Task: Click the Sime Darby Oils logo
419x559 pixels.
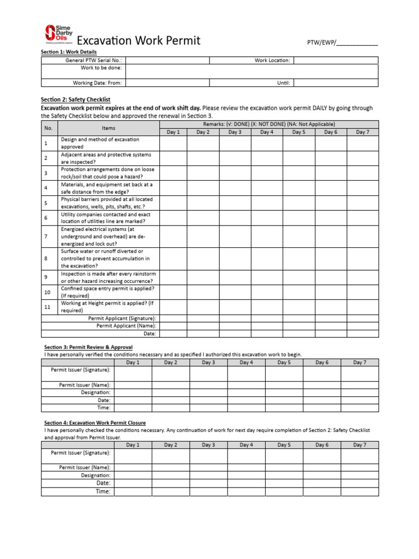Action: click(57, 33)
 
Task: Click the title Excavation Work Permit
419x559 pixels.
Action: click(139, 40)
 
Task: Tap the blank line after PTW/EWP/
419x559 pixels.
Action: click(357, 43)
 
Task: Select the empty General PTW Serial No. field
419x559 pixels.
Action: click(167, 61)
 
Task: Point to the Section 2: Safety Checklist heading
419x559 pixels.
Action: click(76, 100)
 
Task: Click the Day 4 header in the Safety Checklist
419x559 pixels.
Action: click(267, 132)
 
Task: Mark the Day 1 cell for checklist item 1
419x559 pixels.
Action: click(173, 144)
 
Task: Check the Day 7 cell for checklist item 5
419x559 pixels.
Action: click(363, 203)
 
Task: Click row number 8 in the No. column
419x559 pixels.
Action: click(46, 259)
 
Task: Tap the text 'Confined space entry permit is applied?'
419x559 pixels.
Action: click(107, 288)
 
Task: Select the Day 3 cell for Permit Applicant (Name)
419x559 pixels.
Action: click(235, 326)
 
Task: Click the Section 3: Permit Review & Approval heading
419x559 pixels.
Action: click(88, 347)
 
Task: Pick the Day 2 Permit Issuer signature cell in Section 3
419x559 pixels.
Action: click(171, 373)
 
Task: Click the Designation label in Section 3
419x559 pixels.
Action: click(95, 393)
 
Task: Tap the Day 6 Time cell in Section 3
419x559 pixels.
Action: click(322, 408)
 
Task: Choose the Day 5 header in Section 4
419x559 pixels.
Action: click(284, 445)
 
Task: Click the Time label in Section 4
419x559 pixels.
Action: click(103, 491)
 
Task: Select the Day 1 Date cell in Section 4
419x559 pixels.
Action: click(133, 483)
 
